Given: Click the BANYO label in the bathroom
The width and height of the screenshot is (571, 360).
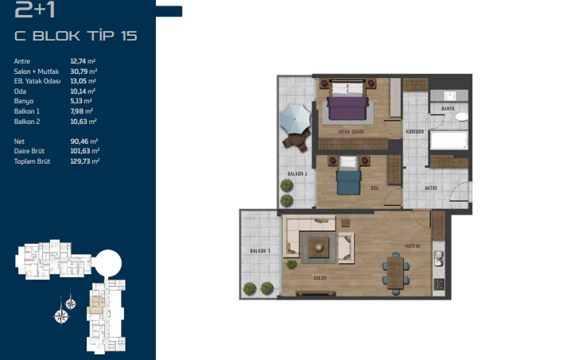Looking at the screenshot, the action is point(448,108).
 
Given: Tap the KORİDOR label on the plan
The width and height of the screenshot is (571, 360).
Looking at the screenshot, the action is point(415,131).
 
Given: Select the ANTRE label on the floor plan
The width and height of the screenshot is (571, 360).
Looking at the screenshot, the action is point(431,188).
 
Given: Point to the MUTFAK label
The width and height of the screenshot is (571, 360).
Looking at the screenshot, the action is point(413,246).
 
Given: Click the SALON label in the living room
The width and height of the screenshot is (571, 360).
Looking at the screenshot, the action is point(320,277).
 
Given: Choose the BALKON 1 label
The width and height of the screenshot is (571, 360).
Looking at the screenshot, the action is point(260,251).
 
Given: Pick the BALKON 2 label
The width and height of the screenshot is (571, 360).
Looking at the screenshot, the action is point(297,173).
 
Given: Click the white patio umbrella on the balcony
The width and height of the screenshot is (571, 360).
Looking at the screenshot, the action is point(295,118).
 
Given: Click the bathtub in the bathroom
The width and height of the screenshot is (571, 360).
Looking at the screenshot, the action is point(449,141).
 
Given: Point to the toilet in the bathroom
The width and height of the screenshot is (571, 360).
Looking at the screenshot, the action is point(461,117).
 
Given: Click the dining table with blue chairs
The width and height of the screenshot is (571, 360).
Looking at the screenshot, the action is point(395,273).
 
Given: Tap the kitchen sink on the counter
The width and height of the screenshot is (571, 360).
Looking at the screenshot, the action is point(438,259).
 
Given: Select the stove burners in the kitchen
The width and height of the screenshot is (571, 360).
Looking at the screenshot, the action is point(438,285).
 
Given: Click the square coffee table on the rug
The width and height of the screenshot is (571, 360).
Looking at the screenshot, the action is point(319,248).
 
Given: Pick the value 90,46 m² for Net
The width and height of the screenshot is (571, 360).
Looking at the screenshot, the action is point(84,141).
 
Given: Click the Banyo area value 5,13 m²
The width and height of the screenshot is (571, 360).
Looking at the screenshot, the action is point(81,101).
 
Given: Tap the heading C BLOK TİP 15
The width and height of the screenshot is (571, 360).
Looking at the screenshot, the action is point(76,35).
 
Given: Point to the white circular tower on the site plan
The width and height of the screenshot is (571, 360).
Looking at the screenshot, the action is point(107,263).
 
